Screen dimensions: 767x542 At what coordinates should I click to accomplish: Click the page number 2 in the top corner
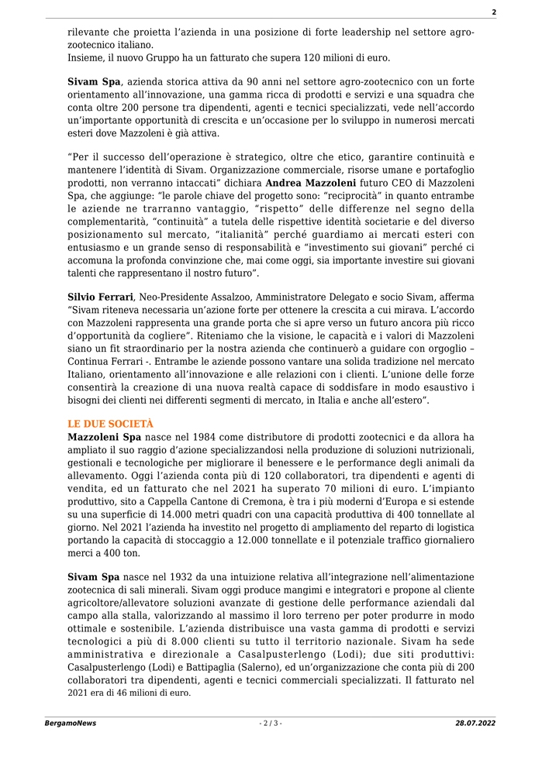[493, 12]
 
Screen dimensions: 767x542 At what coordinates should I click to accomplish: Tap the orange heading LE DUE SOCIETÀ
[111, 424]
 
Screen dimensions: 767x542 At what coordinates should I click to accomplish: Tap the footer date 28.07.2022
[475, 723]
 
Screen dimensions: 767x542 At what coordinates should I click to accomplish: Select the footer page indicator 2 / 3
[271, 723]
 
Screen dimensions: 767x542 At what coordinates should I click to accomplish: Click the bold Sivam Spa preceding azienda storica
[95, 81]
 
